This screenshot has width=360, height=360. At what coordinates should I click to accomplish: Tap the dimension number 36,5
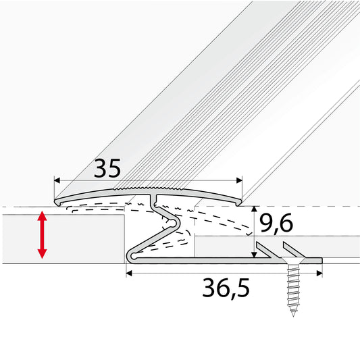[x=224, y=289]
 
